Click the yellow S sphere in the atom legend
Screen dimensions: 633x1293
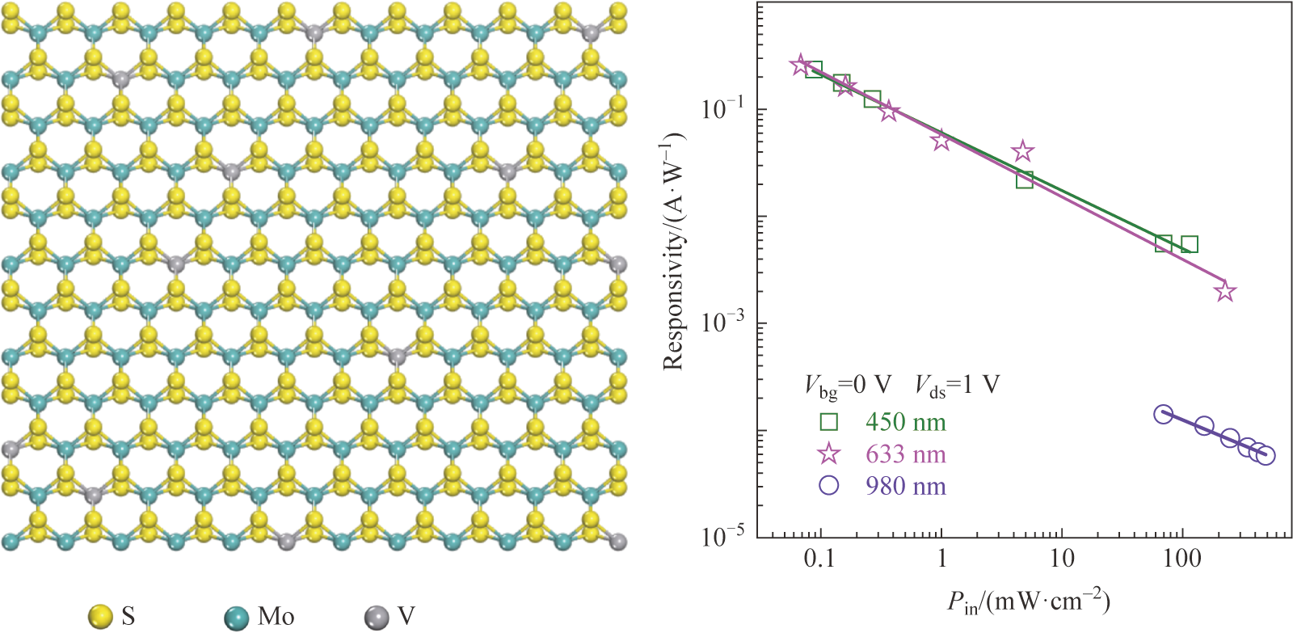click(x=99, y=617)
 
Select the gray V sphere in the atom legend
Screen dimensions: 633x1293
click(x=376, y=617)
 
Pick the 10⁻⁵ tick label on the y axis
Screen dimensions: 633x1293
click(x=722, y=534)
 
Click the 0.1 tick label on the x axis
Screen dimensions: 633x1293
click(x=819, y=559)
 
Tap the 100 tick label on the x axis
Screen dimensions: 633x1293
click(x=1182, y=559)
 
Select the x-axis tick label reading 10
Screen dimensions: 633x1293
click(x=1062, y=559)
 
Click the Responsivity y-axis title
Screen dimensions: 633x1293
click(x=673, y=251)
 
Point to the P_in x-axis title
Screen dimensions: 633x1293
click(x=1029, y=601)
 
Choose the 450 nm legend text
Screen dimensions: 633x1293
click(x=905, y=422)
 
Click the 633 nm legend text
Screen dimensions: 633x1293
click(x=905, y=454)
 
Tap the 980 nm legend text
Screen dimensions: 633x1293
click(x=905, y=486)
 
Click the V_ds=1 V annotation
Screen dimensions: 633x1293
click(x=957, y=386)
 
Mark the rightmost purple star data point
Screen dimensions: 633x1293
click(x=1225, y=291)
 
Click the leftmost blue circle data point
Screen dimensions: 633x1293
click(x=1163, y=415)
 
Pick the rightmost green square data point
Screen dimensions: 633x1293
click(x=1189, y=244)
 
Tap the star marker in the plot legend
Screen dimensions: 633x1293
click(x=828, y=454)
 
